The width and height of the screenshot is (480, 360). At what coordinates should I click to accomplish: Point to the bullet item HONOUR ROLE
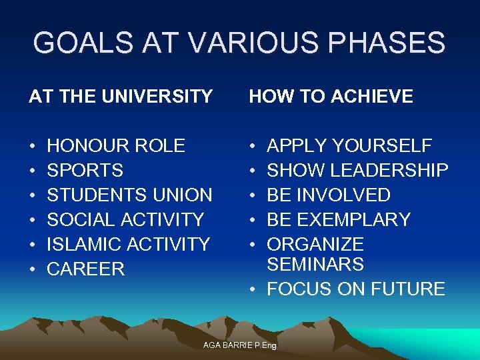(x=116, y=146)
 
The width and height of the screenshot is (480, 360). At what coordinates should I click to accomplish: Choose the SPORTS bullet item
(x=85, y=171)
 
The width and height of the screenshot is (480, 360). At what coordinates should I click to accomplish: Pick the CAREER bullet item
(x=86, y=269)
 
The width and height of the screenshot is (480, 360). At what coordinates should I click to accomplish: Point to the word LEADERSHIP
(x=389, y=171)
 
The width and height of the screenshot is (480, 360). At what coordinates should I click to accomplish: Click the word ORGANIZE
(x=315, y=245)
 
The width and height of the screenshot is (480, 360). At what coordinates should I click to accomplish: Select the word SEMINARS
(x=315, y=265)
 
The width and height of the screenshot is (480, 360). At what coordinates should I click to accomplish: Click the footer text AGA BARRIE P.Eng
(x=240, y=345)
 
